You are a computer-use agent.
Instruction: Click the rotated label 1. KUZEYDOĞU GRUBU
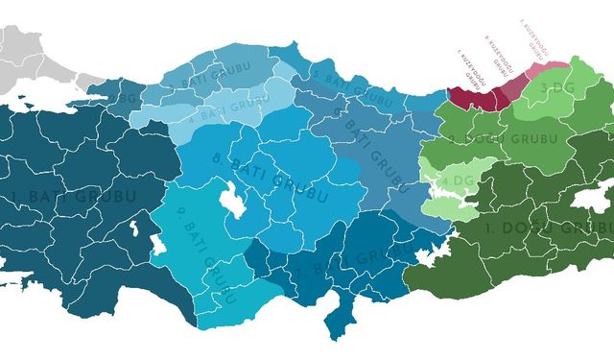[x=469, y=70]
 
